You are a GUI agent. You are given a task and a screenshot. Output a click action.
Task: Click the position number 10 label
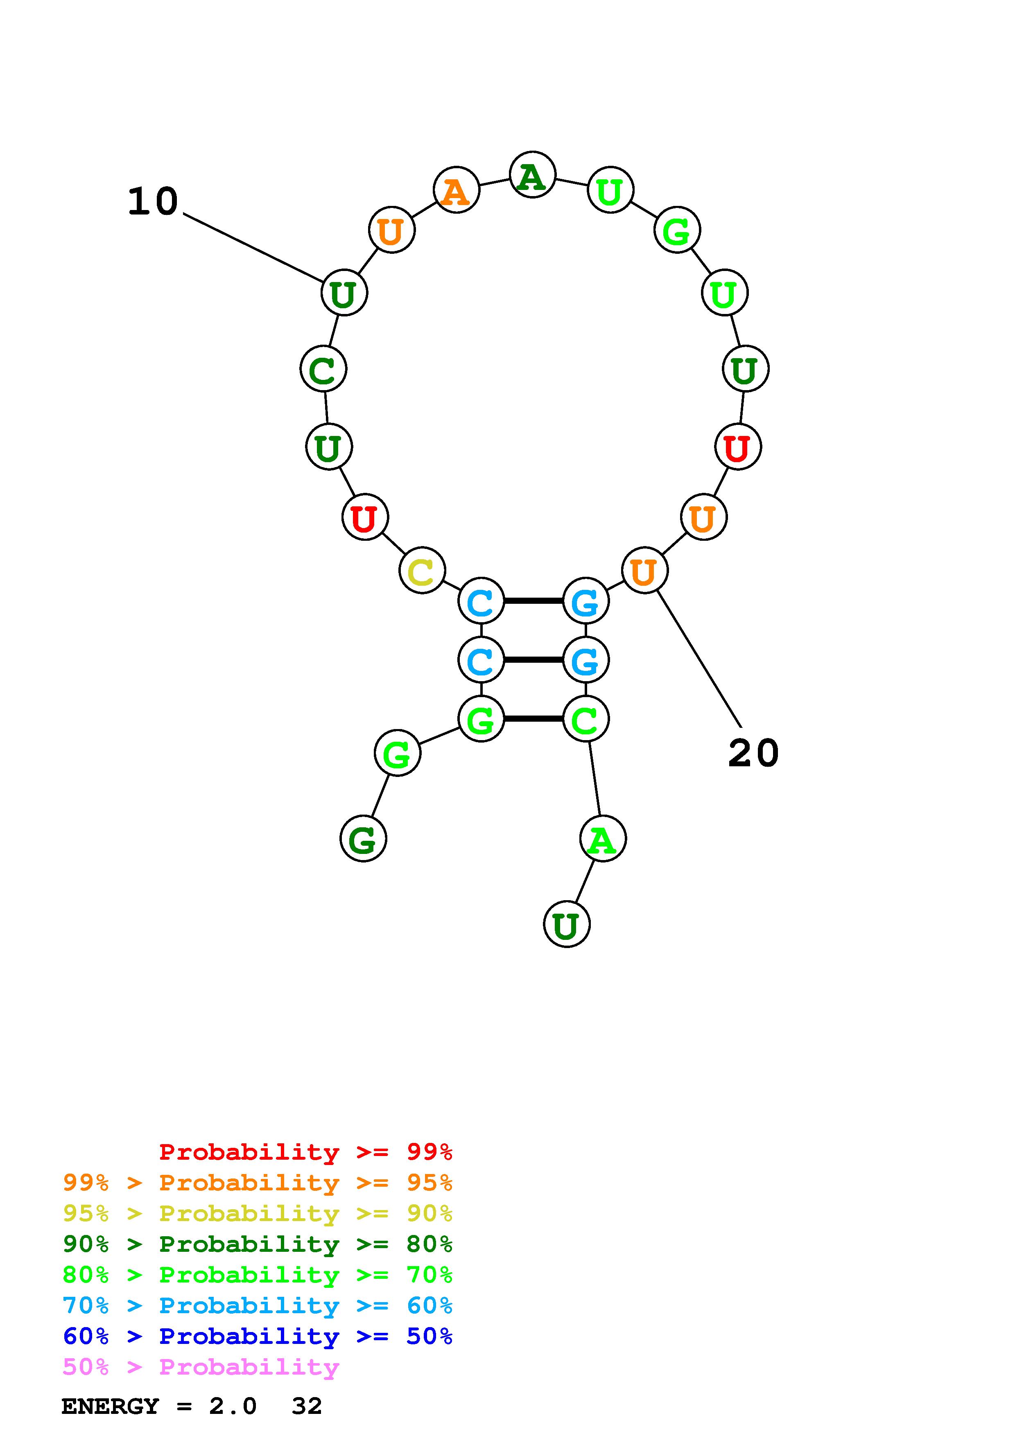153,202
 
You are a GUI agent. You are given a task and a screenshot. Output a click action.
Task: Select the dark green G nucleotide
363,839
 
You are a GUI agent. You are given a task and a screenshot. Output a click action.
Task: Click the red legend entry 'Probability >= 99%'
305,1152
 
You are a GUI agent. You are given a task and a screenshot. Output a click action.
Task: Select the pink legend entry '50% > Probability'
201,1367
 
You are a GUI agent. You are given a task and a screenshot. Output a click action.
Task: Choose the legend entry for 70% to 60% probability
257,1306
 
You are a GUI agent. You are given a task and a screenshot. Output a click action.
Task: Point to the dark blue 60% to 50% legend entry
257,1337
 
